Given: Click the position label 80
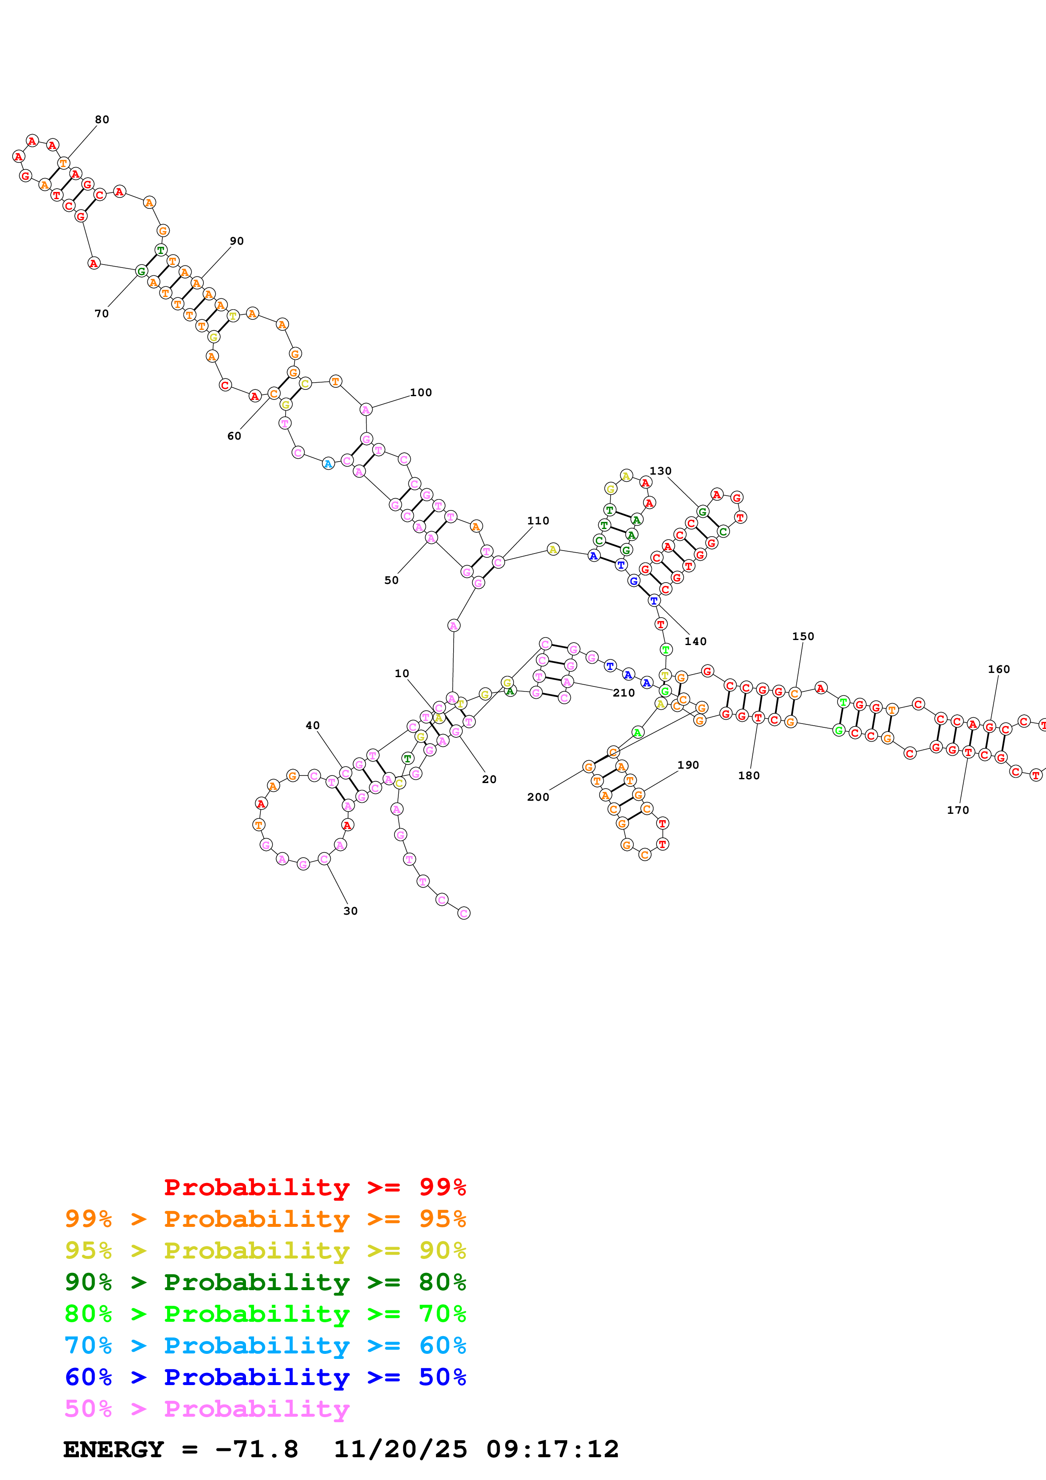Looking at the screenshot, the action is tap(102, 119).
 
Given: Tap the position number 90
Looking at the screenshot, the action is tap(237, 241).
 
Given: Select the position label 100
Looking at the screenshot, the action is tap(421, 392).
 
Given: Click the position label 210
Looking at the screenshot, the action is tap(623, 693).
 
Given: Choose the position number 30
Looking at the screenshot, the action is tap(350, 911).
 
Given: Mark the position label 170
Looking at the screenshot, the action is tap(958, 810).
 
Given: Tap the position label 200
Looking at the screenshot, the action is tap(538, 797).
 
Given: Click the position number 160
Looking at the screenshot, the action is tap(999, 669).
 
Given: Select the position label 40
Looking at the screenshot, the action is tap(313, 725).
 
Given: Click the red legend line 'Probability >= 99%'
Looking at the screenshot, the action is tap(314, 1187).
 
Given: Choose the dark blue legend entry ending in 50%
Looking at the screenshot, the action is tap(265, 1377).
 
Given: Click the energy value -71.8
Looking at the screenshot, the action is tap(257, 1449).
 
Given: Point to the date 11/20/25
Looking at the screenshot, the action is tap(400, 1449).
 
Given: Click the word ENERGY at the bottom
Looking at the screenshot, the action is tap(114, 1449).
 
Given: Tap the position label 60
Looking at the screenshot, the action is tap(234, 436).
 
